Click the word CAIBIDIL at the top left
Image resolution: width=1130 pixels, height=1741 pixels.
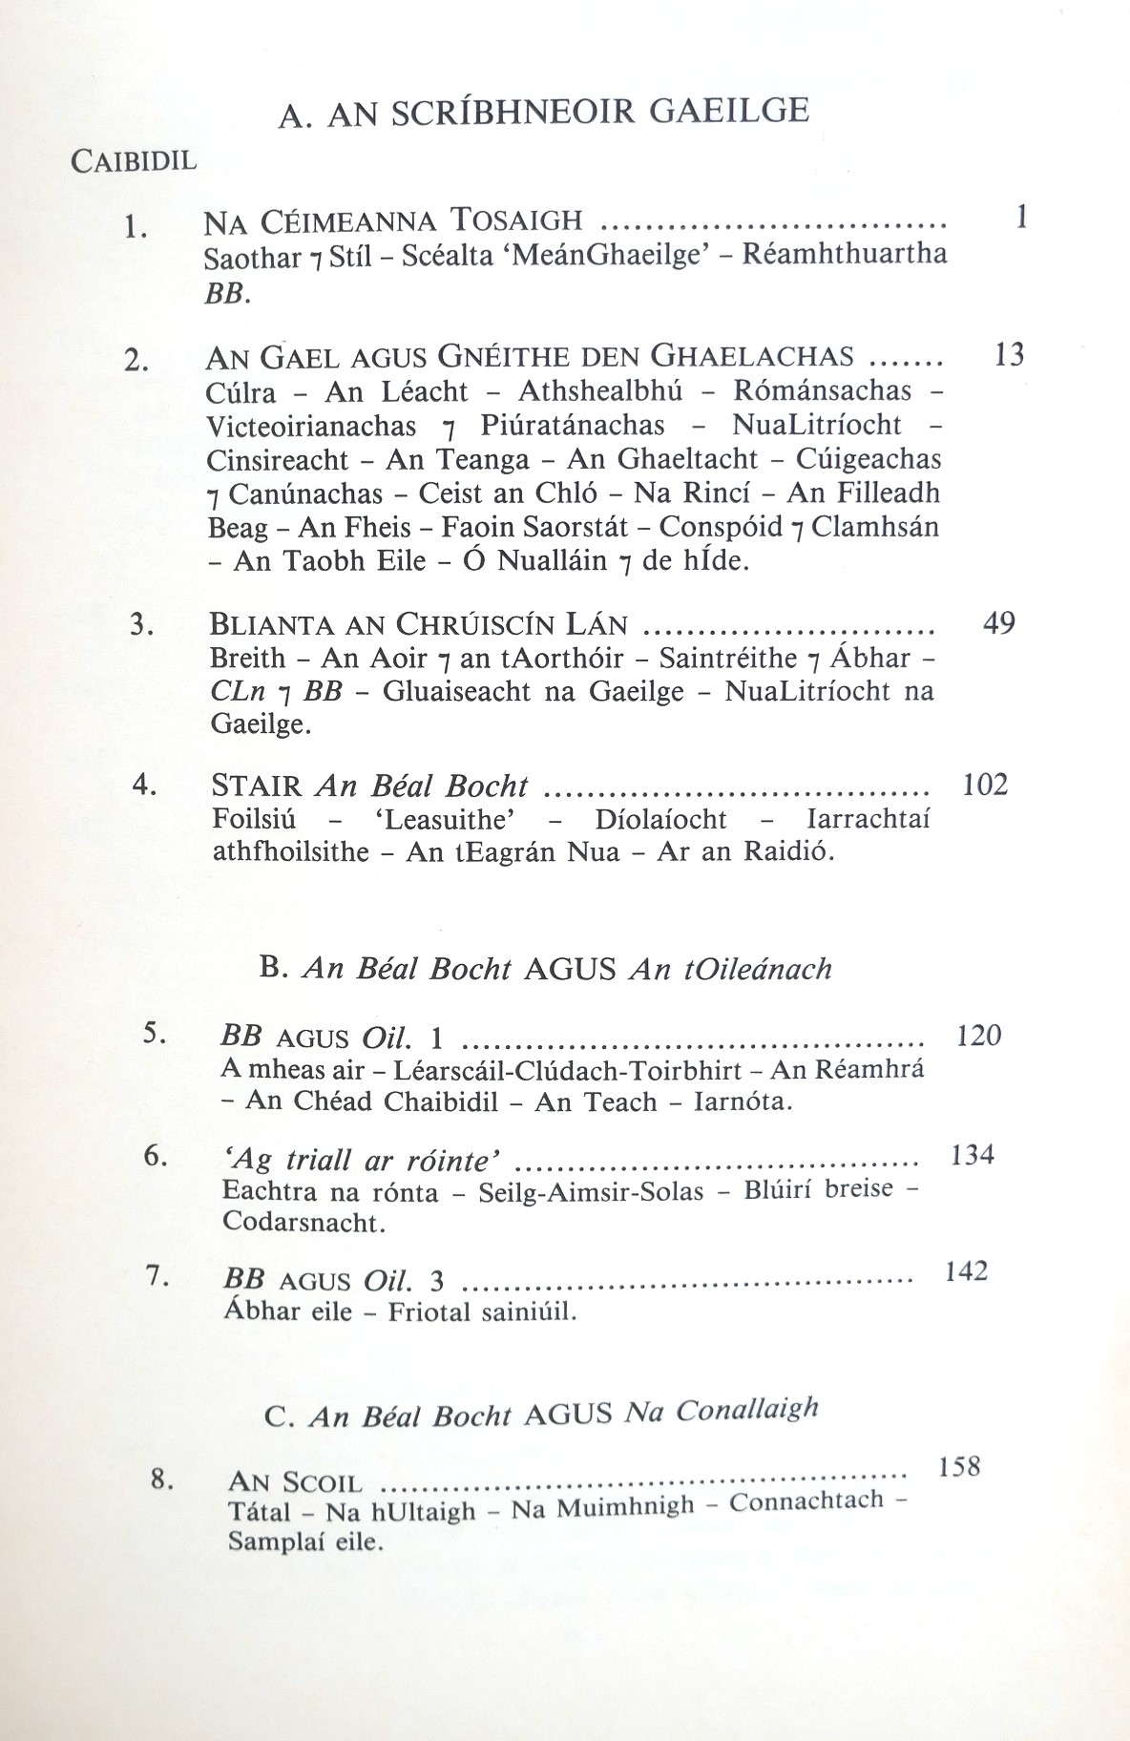pyautogui.click(x=134, y=160)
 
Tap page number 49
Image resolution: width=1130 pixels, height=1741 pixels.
pyautogui.click(x=998, y=623)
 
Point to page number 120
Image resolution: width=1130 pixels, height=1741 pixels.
pyautogui.click(x=978, y=1036)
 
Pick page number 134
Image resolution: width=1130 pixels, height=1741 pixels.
pyautogui.click(x=973, y=1156)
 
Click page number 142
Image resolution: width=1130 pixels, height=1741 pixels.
pyautogui.click(x=965, y=1272)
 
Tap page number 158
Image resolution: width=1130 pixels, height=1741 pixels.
pyautogui.click(x=958, y=1466)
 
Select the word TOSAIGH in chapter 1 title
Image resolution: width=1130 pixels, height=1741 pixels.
pyautogui.click(x=516, y=221)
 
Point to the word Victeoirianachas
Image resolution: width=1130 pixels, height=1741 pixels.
pyautogui.click(x=311, y=425)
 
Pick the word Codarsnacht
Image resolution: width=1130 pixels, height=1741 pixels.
pyautogui.click(x=303, y=1223)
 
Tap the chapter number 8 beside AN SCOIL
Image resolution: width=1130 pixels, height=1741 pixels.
pyautogui.click(x=161, y=1480)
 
